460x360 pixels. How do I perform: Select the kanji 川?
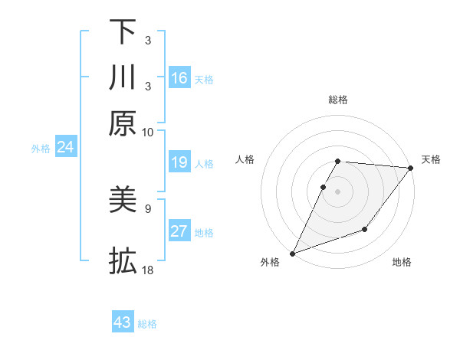(123, 77)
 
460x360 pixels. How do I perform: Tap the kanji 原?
(123, 123)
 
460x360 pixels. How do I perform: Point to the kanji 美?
(123, 201)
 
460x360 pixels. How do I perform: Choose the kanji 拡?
(123, 261)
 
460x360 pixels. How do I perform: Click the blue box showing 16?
(179, 78)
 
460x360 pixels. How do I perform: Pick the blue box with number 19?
(179, 162)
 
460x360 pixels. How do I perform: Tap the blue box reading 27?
(179, 231)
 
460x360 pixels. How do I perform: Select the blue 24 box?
(65, 147)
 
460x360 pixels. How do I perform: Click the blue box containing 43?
(123, 322)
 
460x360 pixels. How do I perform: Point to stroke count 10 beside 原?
(148, 132)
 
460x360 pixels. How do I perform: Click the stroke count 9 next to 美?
(147, 208)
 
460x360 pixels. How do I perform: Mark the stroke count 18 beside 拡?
(148, 270)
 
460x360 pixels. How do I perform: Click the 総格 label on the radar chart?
(337, 100)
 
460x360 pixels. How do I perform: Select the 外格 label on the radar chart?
(270, 263)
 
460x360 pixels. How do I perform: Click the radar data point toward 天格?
(411, 169)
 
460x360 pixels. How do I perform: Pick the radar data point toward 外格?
(292, 254)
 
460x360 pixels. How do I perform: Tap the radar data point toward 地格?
(365, 229)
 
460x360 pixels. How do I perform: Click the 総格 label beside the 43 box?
(147, 324)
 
